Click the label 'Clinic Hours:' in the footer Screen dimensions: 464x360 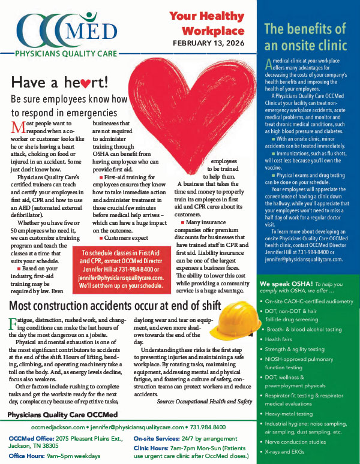(x=155, y=447)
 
